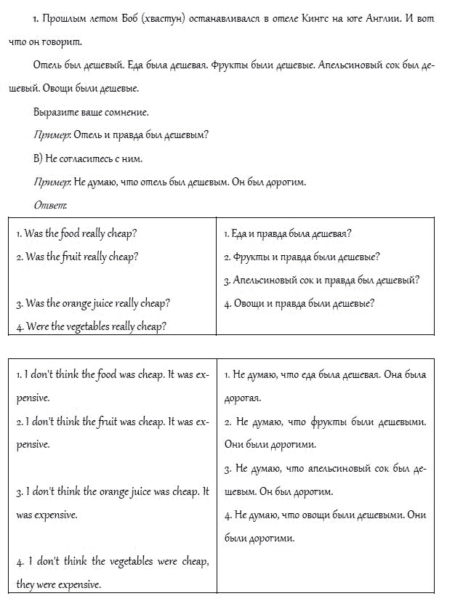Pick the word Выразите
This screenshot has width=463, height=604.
point(53,112)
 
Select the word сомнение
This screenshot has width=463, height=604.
point(124,112)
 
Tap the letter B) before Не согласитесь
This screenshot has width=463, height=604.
point(39,158)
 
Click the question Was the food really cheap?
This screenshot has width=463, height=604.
point(76,233)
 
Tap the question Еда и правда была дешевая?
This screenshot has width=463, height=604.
point(288,233)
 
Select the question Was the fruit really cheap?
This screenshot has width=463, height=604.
point(77,257)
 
